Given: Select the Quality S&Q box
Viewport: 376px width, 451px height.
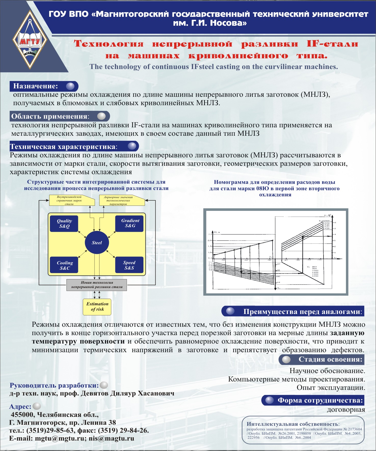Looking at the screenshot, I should (64, 224).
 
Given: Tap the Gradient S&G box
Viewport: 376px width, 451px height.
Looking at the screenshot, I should (130, 223).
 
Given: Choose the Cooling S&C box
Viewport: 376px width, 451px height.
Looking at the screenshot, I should (64, 265).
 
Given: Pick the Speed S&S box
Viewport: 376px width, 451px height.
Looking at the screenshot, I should (129, 265).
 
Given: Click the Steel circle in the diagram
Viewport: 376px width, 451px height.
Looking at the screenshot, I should (97, 243).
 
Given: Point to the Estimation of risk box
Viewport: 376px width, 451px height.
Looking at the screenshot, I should (97, 307).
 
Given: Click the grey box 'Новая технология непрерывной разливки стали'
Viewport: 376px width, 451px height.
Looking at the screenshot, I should (97, 285).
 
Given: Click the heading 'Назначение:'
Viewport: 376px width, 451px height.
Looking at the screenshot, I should (36, 86).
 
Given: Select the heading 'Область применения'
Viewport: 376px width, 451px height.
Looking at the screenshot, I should (50, 116).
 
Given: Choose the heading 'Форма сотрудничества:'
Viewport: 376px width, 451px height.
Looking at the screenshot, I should (320, 400).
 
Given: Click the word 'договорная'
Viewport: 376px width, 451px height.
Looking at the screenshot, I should (346, 410).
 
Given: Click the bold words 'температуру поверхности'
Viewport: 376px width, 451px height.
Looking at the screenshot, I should (78, 341).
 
